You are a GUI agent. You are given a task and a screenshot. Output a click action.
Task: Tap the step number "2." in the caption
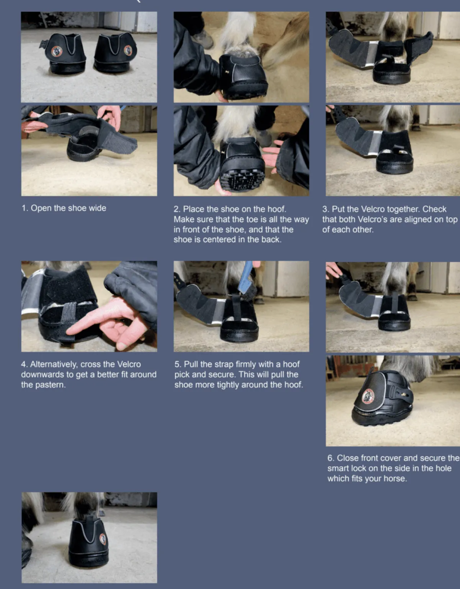pos(177,209)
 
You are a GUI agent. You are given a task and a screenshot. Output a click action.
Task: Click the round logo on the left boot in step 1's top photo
pos(57,51)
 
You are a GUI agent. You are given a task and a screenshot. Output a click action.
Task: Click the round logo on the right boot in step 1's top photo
pos(128,51)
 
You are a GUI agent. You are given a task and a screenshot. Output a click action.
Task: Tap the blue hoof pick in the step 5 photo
pos(246,279)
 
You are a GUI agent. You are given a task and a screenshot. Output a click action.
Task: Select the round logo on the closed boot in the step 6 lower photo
pos(368,397)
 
